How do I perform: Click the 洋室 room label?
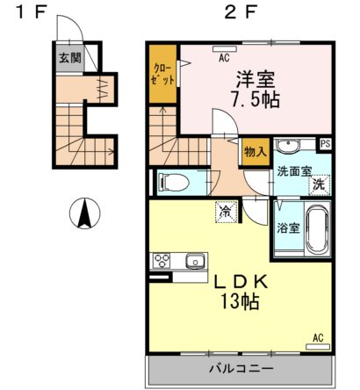(255, 77)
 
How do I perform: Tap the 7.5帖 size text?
(255, 99)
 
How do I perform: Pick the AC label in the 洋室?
(225, 60)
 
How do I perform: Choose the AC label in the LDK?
(317, 337)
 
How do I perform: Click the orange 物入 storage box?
(256, 152)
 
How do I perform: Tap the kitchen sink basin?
(193, 261)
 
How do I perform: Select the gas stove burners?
(163, 261)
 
